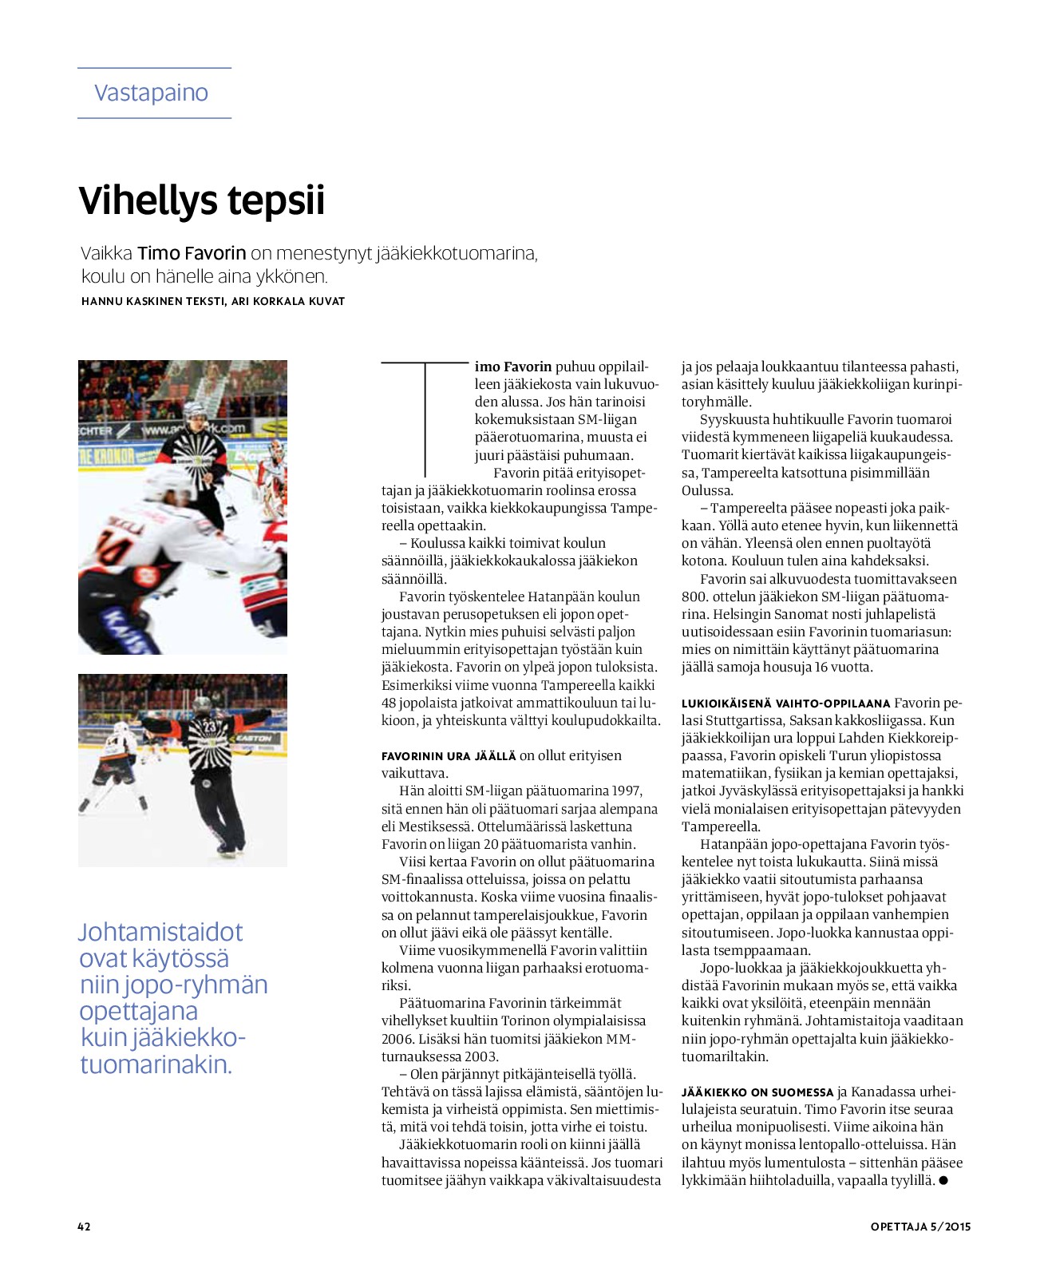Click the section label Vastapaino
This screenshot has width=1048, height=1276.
click(x=151, y=93)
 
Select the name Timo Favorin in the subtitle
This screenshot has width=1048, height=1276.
click(x=192, y=254)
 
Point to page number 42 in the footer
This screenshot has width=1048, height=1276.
click(x=84, y=1226)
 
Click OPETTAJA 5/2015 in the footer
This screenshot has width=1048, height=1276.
click(x=920, y=1226)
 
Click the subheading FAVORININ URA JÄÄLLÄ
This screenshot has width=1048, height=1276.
click(x=449, y=756)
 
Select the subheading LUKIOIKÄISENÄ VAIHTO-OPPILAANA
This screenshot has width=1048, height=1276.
click(x=785, y=703)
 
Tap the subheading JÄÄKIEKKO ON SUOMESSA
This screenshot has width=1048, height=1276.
click(x=757, y=1092)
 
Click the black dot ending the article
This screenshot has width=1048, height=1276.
click(x=943, y=1180)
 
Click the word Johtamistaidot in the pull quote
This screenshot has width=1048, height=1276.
click(x=160, y=933)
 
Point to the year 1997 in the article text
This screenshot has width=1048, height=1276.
click(x=627, y=791)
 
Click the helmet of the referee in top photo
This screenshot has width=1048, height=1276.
click(x=194, y=411)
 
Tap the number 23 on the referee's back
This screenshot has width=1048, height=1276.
click(x=209, y=727)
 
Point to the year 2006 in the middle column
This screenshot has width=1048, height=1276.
click(x=396, y=1039)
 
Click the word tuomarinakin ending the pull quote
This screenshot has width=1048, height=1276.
click(x=156, y=1064)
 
